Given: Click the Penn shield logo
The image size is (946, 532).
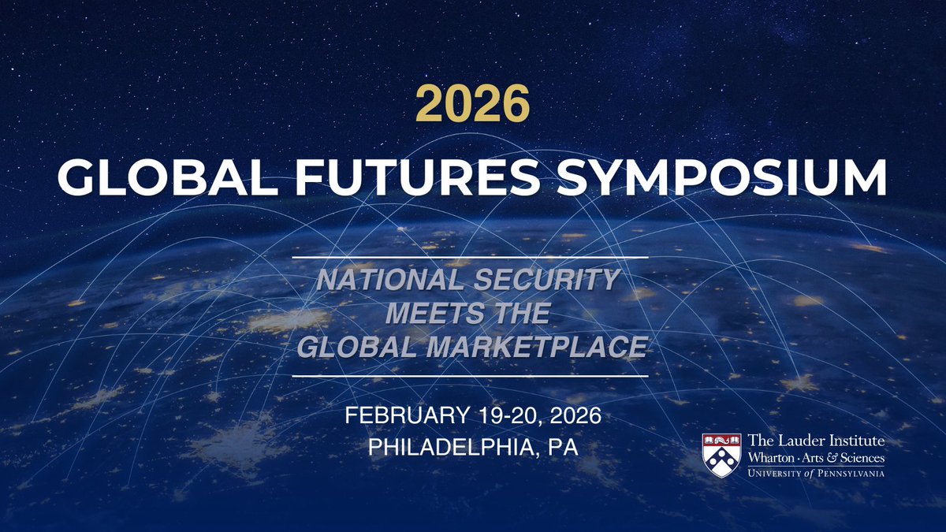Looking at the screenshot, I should click(721, 456).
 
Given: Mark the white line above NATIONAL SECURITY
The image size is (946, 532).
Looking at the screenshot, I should click(470, 257).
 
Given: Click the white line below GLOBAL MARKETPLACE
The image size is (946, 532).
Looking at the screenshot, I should click(470, 376).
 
